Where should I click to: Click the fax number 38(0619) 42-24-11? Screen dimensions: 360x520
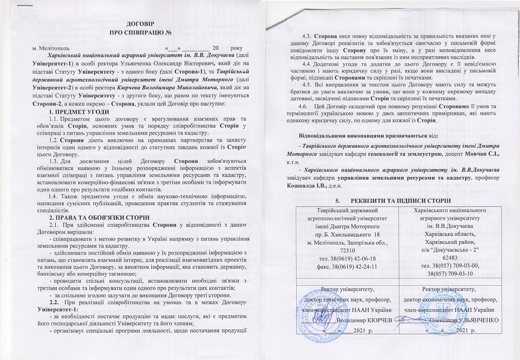[x=352, y=268]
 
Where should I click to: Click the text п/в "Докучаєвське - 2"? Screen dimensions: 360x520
[x=449, y=246]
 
